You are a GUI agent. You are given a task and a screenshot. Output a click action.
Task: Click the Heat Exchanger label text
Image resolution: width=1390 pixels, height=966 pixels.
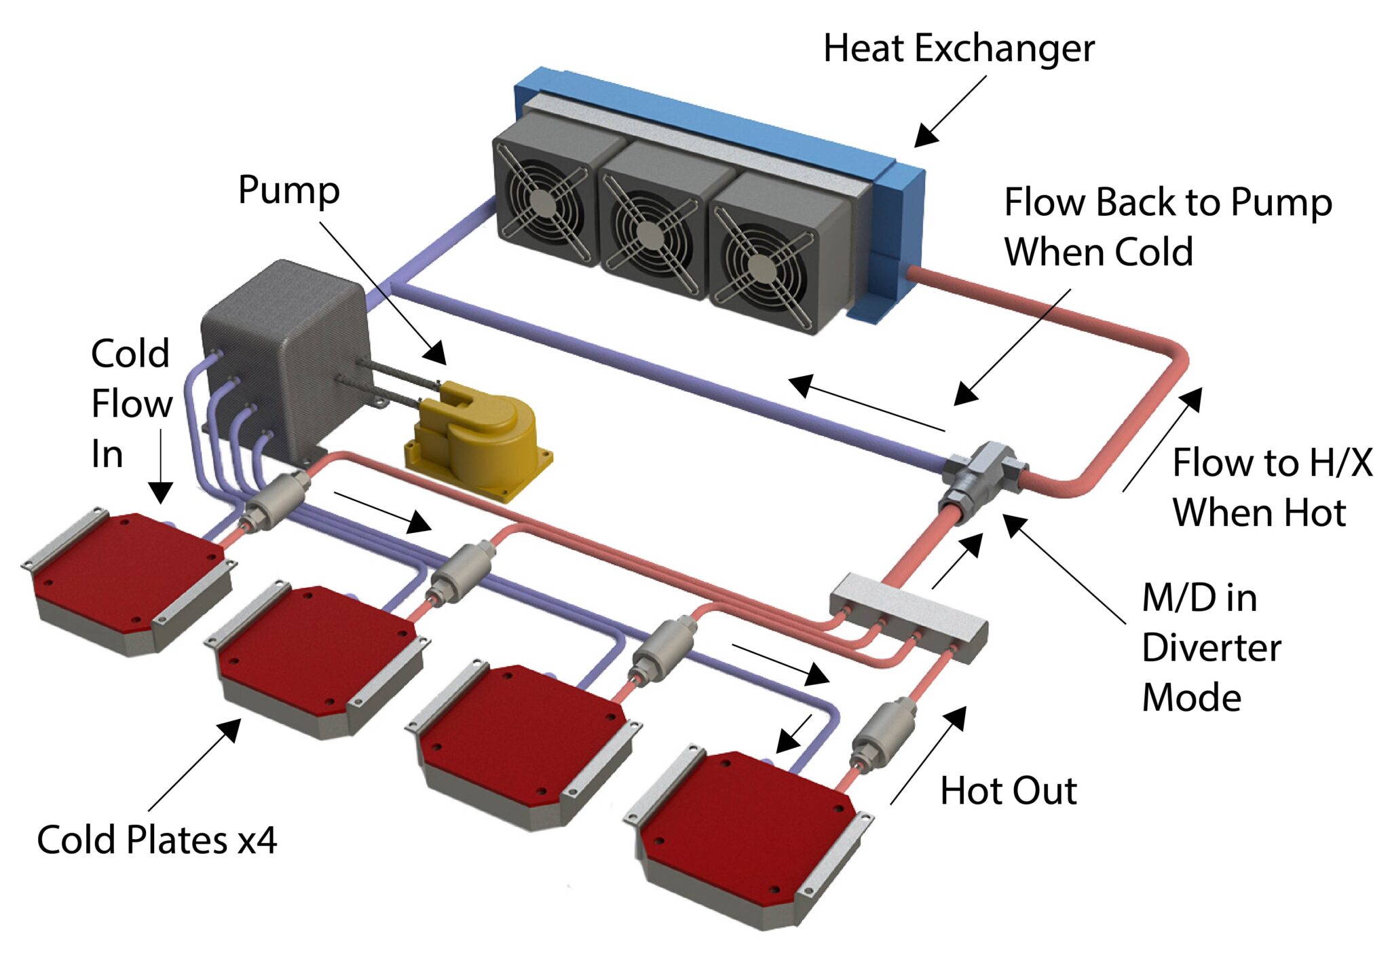(x=958, y=49)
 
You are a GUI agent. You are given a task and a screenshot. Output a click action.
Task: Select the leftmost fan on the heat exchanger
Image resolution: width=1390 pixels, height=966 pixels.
(x=543, y=200)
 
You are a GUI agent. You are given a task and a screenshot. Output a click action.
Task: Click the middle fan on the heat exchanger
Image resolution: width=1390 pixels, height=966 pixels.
(x=650, y=234)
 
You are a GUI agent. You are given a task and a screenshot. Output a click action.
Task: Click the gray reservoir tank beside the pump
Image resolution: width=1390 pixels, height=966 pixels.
(x=285, y=353)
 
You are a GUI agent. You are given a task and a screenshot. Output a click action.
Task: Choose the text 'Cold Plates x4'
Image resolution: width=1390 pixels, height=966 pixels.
(x=157, y=840)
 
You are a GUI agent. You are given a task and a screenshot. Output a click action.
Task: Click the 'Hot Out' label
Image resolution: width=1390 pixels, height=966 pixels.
(x=1008, y=792)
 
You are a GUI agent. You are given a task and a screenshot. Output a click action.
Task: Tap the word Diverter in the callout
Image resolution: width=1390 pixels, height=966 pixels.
(x=1211, y=648)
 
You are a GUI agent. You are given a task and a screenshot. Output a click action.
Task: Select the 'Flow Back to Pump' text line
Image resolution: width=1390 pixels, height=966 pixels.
(x=1167, y=202)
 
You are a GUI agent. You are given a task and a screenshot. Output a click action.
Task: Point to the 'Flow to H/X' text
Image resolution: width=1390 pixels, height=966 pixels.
(x=1272, y=463)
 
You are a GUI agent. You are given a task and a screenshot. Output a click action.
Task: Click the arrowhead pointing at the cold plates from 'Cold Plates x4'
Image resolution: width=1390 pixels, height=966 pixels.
(x=231, y=730)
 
